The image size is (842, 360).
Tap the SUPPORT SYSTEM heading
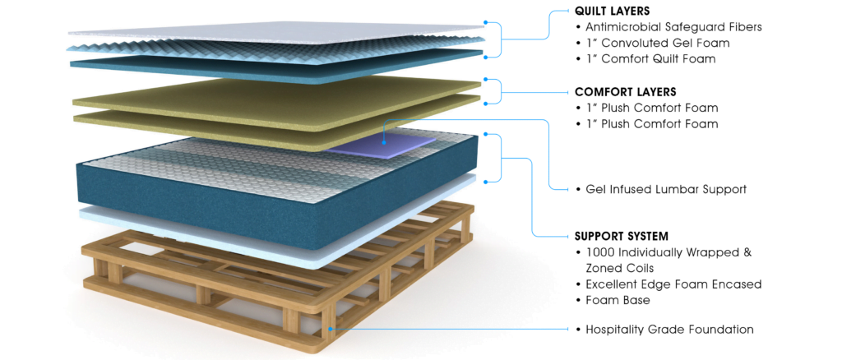[622, 236]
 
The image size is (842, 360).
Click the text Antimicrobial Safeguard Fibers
[673, 27]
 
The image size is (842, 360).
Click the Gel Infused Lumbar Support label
[666, 189]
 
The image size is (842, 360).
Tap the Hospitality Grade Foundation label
[669, 330]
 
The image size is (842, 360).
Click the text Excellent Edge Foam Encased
[673, 284]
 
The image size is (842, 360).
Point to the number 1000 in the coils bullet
[599, 252]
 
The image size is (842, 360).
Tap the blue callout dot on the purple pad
[385, 143]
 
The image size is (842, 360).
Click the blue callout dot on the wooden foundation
[331, 329]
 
